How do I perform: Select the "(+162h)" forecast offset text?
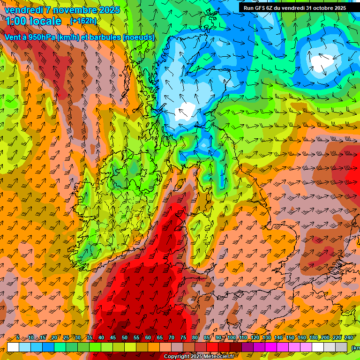pos(83,21)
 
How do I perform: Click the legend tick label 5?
pos(18,337)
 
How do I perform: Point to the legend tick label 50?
pos(125,337)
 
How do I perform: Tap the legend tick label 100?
pos(232,337)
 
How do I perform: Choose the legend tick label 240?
pos(348,337)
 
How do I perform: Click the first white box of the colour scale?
pos(13,347)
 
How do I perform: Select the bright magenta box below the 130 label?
pos(271,347)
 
